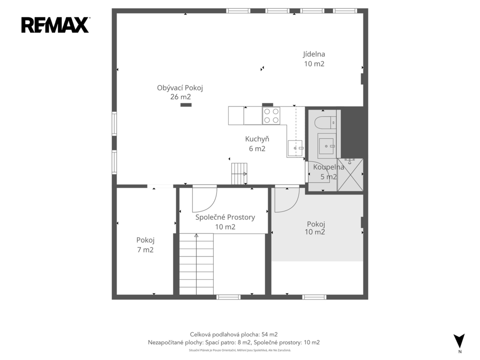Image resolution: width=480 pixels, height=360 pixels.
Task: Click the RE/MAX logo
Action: [x=55, y=25]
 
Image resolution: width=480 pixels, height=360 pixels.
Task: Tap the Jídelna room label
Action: [x=314, y=54]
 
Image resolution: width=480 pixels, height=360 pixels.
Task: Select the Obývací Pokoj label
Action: [x=180, y=88]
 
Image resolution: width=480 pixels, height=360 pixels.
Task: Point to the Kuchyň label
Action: [x=257, y=139]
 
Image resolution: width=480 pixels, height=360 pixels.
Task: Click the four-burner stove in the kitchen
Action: [x=271, y=116]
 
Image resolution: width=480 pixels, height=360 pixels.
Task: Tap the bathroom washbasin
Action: [x=327, y=146]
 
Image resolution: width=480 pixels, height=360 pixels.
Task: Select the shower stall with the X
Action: [x=350, y=175]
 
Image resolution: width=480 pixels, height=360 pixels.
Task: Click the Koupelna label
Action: [x=329, y=167]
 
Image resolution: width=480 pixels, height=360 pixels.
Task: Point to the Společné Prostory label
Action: [x=225, y=217]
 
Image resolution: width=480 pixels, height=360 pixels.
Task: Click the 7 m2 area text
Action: [x=145, y=250]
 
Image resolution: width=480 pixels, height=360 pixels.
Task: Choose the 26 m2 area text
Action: [x=180, y=97]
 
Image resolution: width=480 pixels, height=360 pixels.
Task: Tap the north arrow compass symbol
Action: [x=459, y=340]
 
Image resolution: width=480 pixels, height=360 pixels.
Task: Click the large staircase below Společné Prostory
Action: [x=196, y=264]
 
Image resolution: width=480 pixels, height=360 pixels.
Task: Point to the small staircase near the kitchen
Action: [x=239, y=173]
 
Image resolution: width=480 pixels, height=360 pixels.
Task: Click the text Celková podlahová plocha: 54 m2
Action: [x=234, y=335]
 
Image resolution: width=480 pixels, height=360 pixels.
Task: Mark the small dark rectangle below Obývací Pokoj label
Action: [x=186, y=105]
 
